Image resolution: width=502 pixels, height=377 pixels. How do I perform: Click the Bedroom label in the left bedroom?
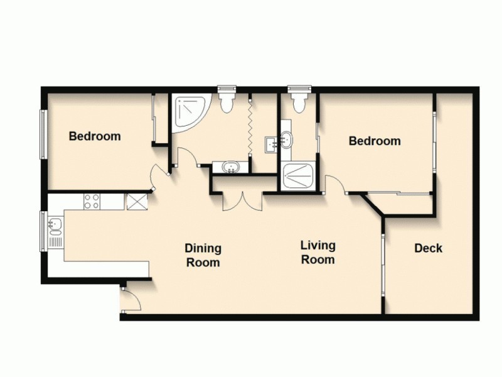pos(95,136)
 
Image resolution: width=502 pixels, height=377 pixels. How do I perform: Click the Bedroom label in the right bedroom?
pos(375,141)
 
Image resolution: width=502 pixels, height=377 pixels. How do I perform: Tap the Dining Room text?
pos(203,255)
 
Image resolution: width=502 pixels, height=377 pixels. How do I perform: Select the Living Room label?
pos(318,252)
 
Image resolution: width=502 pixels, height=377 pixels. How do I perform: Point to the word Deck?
pos(428,248)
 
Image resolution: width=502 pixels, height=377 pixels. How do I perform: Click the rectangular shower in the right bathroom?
pos(298,175)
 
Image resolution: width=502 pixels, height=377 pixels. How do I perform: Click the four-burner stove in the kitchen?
pos(93,201)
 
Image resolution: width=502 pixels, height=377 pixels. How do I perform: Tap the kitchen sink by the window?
pos(54,225)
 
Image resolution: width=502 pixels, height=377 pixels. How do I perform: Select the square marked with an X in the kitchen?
pos(136,201)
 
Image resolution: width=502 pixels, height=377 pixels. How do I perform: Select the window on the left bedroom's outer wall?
pos(43,134)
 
